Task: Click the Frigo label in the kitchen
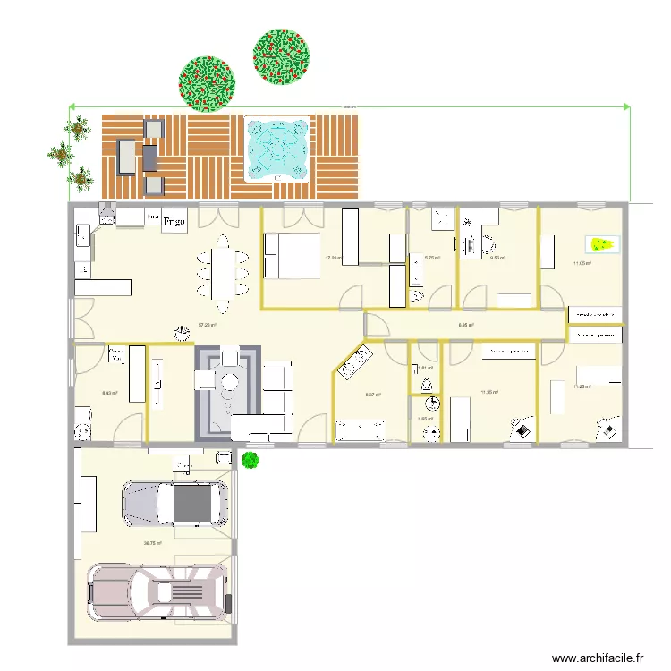(x=174, y=221)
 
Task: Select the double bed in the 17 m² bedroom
(x=291, y=255)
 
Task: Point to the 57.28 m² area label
(x=208, y=325)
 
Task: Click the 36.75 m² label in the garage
(x=152, y=542)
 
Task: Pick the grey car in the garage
(x=174, y=504)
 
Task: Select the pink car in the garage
(x=157, y=591)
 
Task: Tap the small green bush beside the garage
(x=251, y=460)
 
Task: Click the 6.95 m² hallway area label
(x=465, y=325)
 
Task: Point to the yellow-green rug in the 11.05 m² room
(x=601, y=242)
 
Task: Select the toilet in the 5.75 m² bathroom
(x=417, y=294)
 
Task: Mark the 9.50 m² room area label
(x=498, y=259)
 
